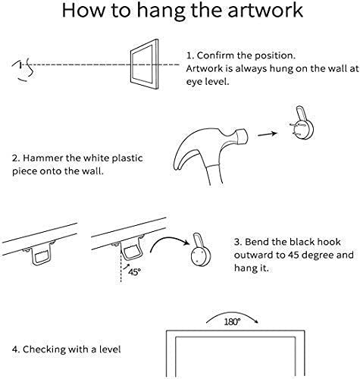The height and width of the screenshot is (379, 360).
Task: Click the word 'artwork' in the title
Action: coord(265,10)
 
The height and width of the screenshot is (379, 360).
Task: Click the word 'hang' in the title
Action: coord(159,11)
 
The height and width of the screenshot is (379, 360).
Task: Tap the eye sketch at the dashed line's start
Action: coord(23,69)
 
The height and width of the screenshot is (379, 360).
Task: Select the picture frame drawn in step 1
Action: coord(145,64)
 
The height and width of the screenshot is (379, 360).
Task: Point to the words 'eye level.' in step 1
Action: coord(208,82)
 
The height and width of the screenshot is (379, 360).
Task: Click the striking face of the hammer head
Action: coord(243,137)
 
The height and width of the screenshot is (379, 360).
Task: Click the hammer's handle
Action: coord(214,171)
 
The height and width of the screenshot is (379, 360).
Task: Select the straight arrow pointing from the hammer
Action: coord(268,134)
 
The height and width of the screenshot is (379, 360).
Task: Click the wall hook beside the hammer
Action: coord(302,123)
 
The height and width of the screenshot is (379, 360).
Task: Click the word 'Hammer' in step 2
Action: coord(42,158)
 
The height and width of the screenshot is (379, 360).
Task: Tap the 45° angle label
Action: coord(134,271)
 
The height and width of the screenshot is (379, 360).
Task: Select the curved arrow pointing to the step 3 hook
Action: coord(169,239)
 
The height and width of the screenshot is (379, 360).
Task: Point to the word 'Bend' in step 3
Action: coord(255,242)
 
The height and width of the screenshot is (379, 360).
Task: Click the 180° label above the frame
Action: coord(232,321)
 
